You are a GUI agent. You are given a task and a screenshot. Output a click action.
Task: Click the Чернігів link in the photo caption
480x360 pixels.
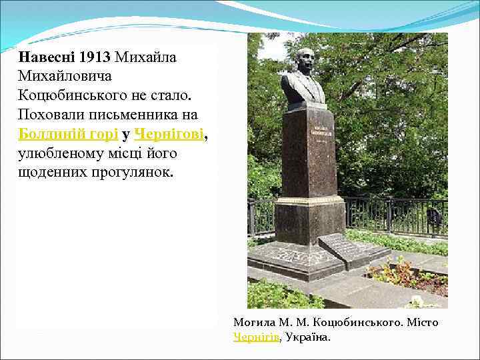click(x=255, y=337)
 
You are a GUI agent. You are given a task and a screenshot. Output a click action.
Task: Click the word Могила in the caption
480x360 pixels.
click(x=253, y=323)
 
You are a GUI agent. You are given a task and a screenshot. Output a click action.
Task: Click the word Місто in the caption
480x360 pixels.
click(x=423, y=323)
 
